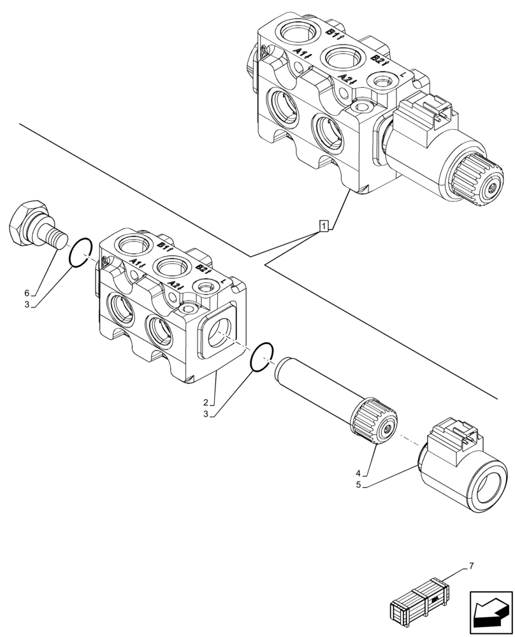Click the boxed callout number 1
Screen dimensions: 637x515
pos(324,225)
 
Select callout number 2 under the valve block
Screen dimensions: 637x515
pos(206,402)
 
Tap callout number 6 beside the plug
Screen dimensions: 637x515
pos(27,292)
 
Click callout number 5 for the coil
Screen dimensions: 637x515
pos(359,484)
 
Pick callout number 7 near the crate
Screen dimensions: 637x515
pos(471,566)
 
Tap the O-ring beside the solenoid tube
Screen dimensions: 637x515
pos(261,357)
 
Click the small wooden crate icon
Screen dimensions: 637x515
pos(421,600)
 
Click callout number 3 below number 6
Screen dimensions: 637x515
pos(27,305)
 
